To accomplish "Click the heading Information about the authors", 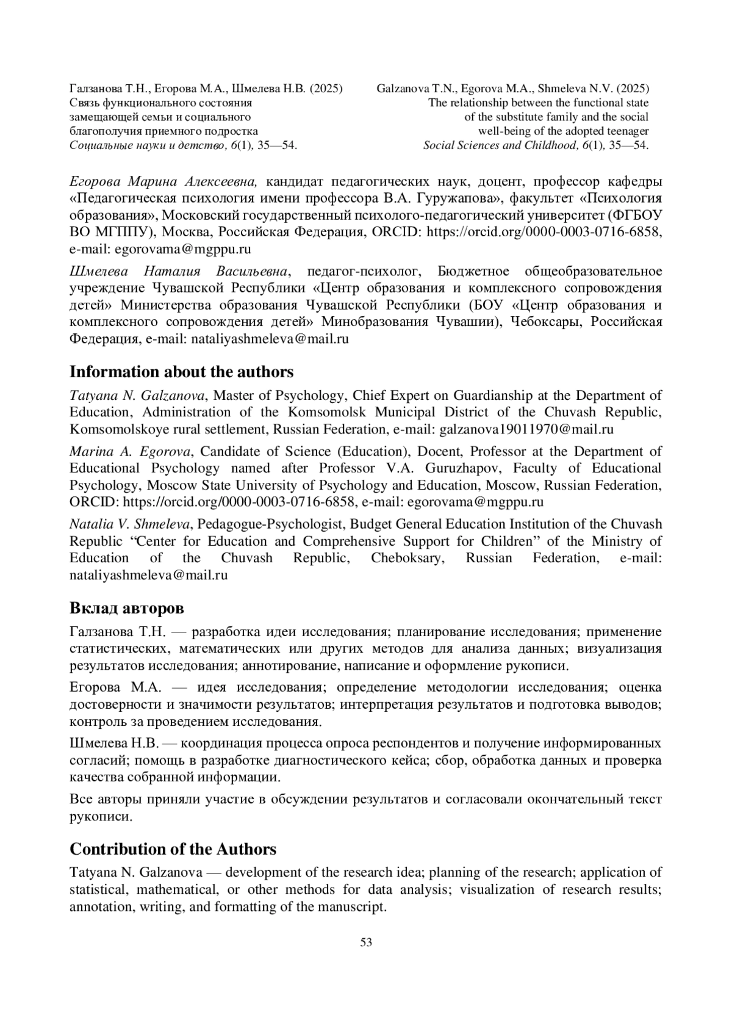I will point(181,372).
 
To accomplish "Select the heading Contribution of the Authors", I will point(173,849).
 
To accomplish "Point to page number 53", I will point(366,942).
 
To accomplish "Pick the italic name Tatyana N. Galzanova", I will point(138,396).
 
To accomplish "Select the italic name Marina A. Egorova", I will point(131,451).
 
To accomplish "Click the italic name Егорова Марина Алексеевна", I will point(165,182).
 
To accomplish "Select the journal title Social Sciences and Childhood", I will point(499,145).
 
